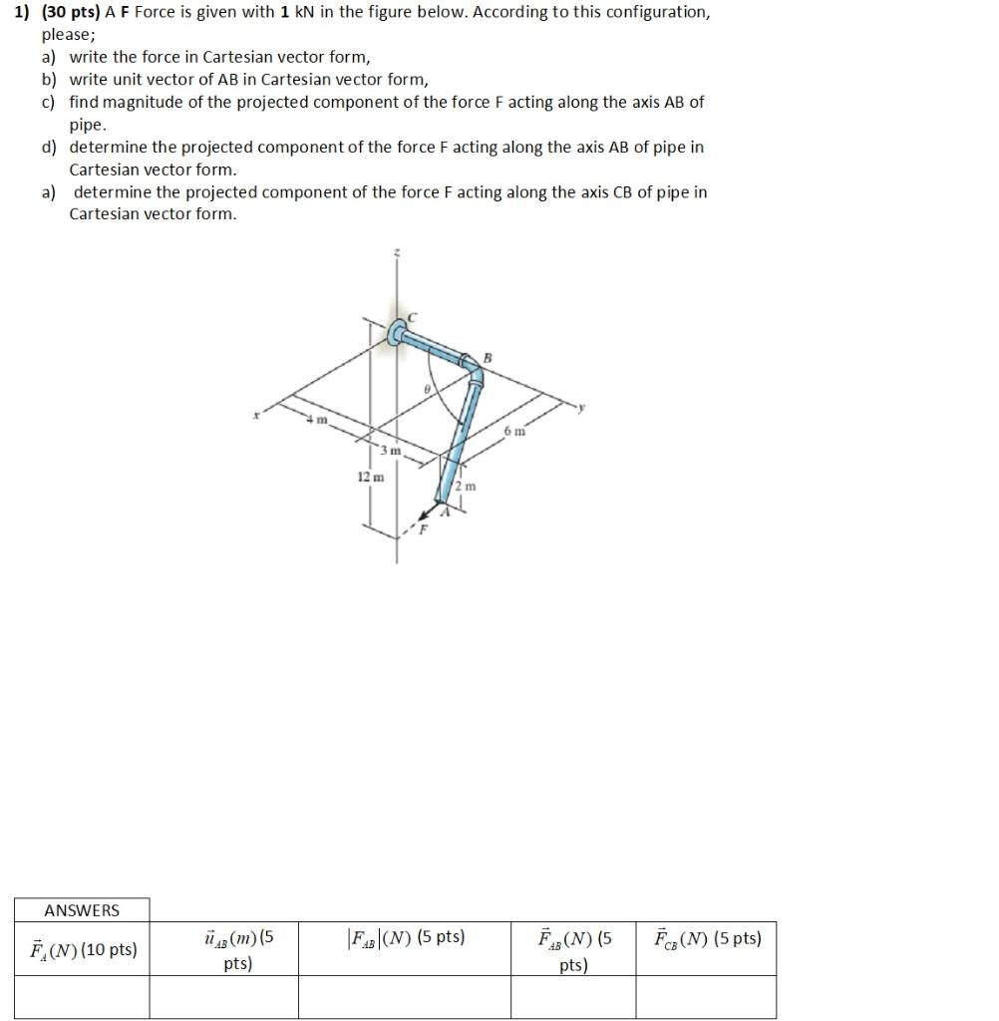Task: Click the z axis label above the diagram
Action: coord(397,254)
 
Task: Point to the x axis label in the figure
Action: coord(255,417)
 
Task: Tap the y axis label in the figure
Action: coord(586,407)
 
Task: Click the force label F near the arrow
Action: coord(422,528)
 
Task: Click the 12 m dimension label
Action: coord(369,478)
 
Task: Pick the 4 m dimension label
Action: coord(318,420)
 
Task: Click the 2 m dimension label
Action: coord(466,486)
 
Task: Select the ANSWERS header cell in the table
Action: coord(82,910)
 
